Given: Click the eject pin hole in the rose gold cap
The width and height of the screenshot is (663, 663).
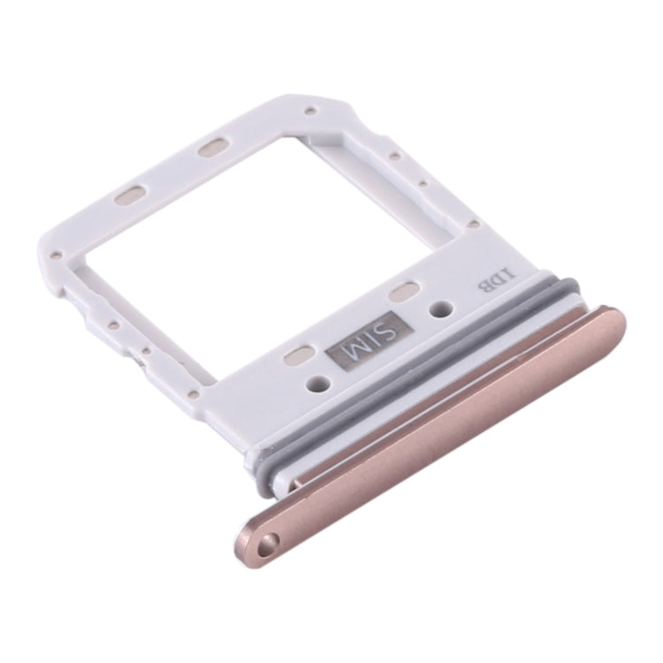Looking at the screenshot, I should point(266,540).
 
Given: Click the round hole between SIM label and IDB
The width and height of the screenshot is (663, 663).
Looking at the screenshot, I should point(439,309).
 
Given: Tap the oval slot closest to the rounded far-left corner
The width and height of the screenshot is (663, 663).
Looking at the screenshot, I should point(129,194).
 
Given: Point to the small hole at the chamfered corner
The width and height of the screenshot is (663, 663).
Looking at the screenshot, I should point(310,111).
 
